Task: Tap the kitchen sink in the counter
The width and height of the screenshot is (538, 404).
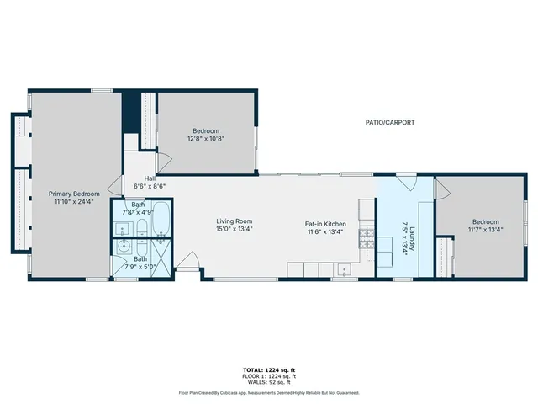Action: (344, 269)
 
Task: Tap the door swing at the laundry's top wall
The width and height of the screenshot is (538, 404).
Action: (406, 180)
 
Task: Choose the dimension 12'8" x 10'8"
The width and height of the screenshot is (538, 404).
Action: (206, 139)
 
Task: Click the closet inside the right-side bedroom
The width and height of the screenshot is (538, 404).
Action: (449, 258)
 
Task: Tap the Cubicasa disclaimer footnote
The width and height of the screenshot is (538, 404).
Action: (268, 392)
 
